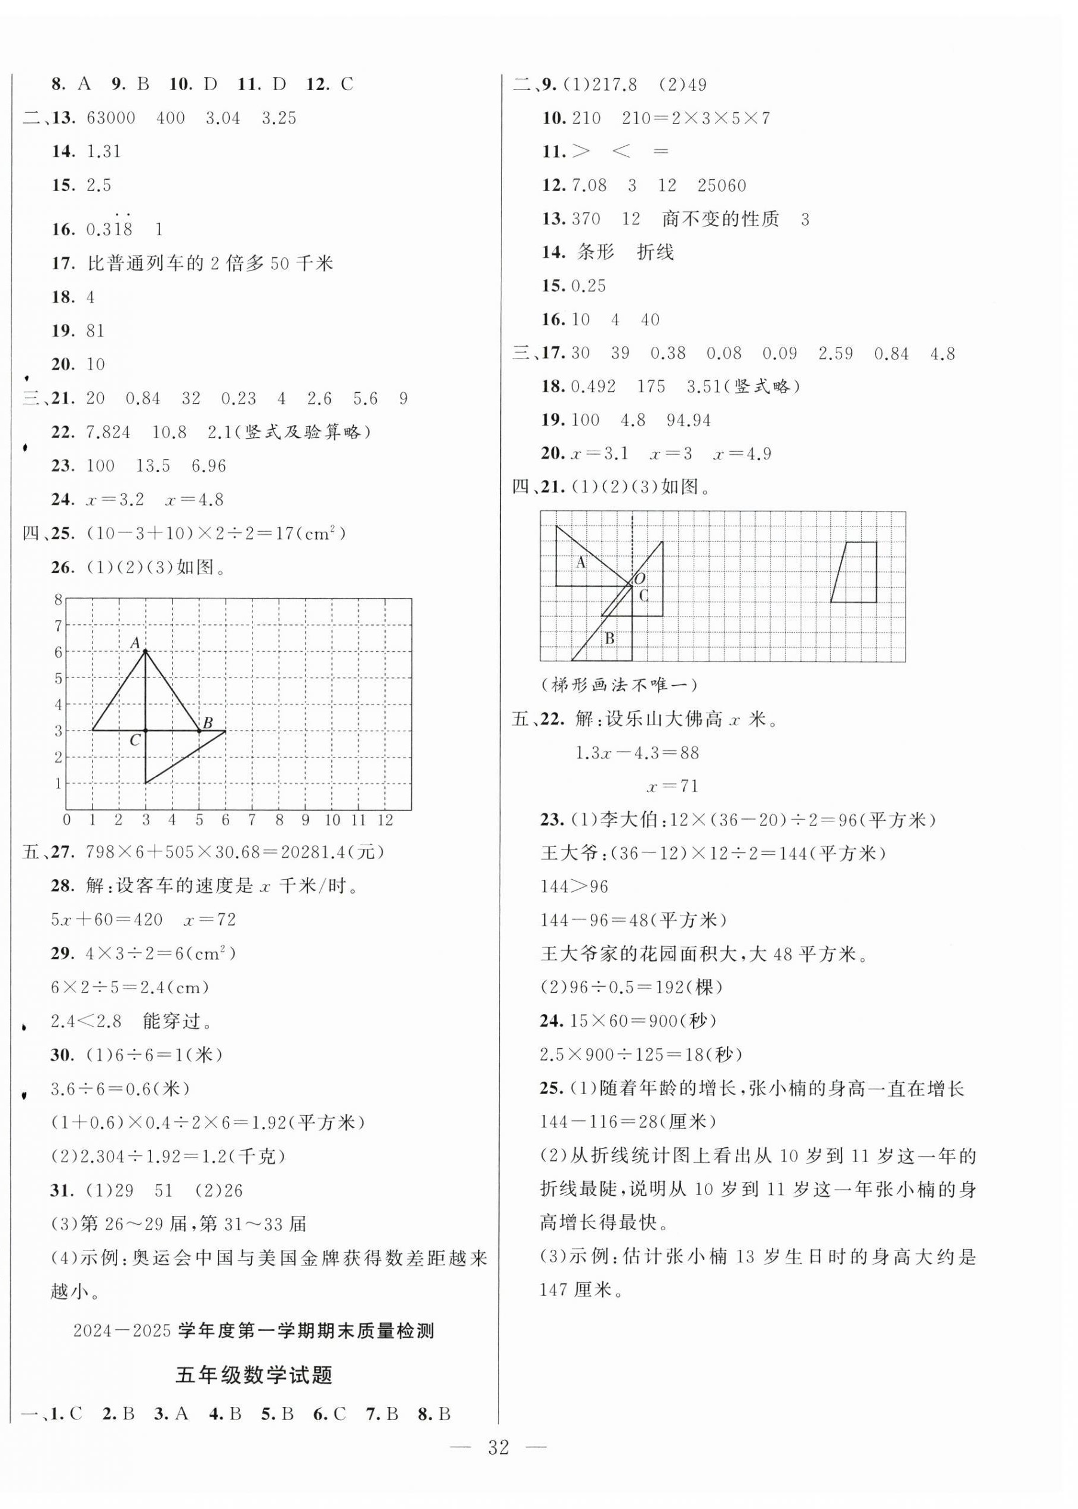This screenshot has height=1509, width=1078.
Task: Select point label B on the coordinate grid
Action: pos(207,723)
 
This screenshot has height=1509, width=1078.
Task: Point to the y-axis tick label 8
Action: pos(58,600)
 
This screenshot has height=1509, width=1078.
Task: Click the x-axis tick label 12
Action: pos(385,821)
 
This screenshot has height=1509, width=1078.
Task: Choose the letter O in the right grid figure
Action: pos(640,578)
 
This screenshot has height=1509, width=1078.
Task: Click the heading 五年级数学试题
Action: pos(254,1375)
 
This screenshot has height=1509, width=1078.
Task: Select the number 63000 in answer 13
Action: pos(111,118)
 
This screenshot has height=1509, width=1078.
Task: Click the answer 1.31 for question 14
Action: pos(104,152)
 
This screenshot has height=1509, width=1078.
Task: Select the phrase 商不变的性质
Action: pos(720,219)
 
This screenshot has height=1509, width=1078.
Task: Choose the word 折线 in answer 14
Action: pos(655,252)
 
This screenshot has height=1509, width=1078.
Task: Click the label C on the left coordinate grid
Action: pos(135,740)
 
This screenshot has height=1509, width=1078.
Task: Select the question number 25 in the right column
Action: pos(551,1089)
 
